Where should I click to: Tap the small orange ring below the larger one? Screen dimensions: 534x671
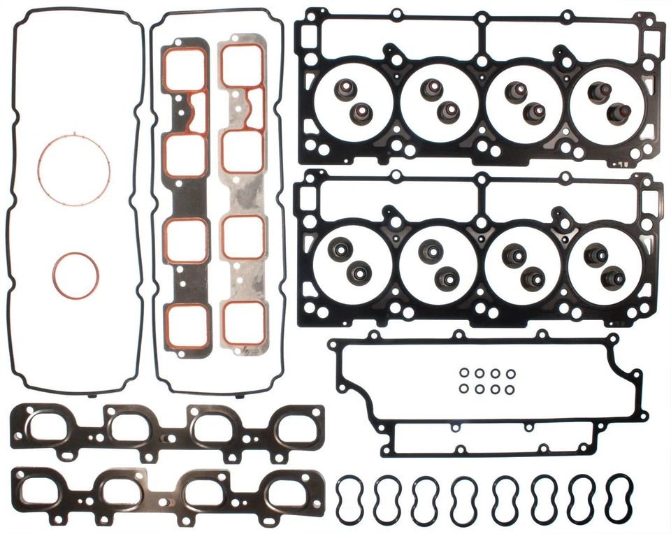(x=75, y=274)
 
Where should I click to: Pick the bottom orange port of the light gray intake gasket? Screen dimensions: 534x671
(x=244, y=322)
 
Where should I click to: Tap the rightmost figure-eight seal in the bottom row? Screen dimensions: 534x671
(x=619, y=498)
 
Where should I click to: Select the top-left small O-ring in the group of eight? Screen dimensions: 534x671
(x=464, y=375)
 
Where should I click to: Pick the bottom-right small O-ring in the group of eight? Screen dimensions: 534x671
(x=511, y=389)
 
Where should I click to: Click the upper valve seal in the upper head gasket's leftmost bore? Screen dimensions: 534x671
(x=343, y=90)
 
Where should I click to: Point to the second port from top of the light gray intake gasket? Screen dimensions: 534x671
(x=244, y=151)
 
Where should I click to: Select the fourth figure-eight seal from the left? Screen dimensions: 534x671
(x=463, y=498)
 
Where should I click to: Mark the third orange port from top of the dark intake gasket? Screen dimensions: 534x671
(x=186, y=240)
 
